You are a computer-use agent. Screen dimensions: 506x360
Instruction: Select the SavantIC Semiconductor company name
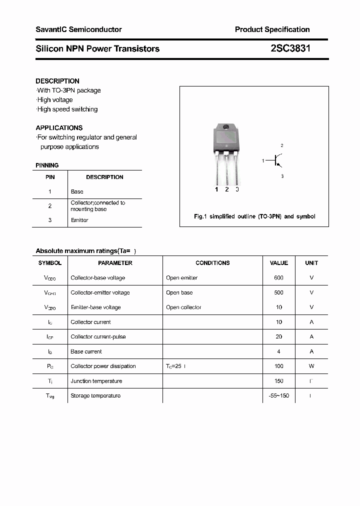tap(78, 29)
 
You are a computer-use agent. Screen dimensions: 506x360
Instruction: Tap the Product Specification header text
tap(272, 29)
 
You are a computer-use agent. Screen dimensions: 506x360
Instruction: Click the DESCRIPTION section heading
tap(57, 81)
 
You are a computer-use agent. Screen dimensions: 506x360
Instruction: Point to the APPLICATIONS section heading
tap(59, 127)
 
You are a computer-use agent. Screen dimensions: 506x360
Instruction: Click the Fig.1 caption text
tap(254, 216)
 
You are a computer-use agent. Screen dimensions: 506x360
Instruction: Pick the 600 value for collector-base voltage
tap(278, 277)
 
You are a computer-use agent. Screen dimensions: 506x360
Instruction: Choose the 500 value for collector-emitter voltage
tap(278, 292)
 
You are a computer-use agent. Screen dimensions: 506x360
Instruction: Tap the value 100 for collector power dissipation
tap(278, 366)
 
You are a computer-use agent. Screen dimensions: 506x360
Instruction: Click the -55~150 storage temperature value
tap(278, 395)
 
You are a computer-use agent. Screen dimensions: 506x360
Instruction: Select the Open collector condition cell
tap(183, 307)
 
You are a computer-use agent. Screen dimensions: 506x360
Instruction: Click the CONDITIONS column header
tap(212, 263)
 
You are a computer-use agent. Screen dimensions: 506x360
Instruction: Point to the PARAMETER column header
tap(115, 263)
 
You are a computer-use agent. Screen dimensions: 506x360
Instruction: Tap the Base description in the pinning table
tap(77, 191)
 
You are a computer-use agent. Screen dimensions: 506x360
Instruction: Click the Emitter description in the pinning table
tap(79, 220)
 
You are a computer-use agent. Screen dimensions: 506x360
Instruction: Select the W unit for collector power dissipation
tap(311, 366)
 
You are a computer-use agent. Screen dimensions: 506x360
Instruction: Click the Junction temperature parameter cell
tap(96, 381)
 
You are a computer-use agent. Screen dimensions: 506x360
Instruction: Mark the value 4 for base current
tap(278, 351)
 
